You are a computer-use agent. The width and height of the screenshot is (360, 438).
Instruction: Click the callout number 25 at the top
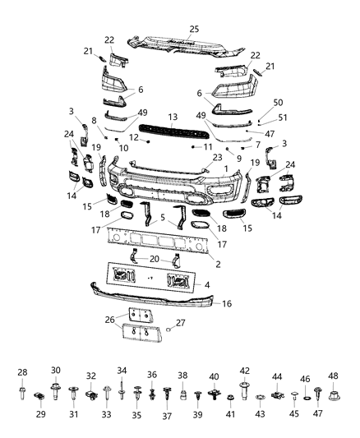(195, 30)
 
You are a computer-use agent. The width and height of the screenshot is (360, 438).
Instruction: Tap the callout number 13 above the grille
(173, 118)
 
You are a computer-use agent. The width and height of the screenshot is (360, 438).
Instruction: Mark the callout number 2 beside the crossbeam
(217, 265)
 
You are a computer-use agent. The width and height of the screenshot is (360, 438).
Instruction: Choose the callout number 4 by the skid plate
(206, 284)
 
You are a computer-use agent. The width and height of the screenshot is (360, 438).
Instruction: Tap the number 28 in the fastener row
(22, 372)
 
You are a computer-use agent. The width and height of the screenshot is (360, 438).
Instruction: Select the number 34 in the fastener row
(122, 370)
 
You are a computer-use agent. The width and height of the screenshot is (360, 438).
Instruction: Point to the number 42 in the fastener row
(244, 371)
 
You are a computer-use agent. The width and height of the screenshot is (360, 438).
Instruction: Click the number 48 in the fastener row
(333, 376)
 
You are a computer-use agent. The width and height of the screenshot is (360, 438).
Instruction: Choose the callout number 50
(278, 101)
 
